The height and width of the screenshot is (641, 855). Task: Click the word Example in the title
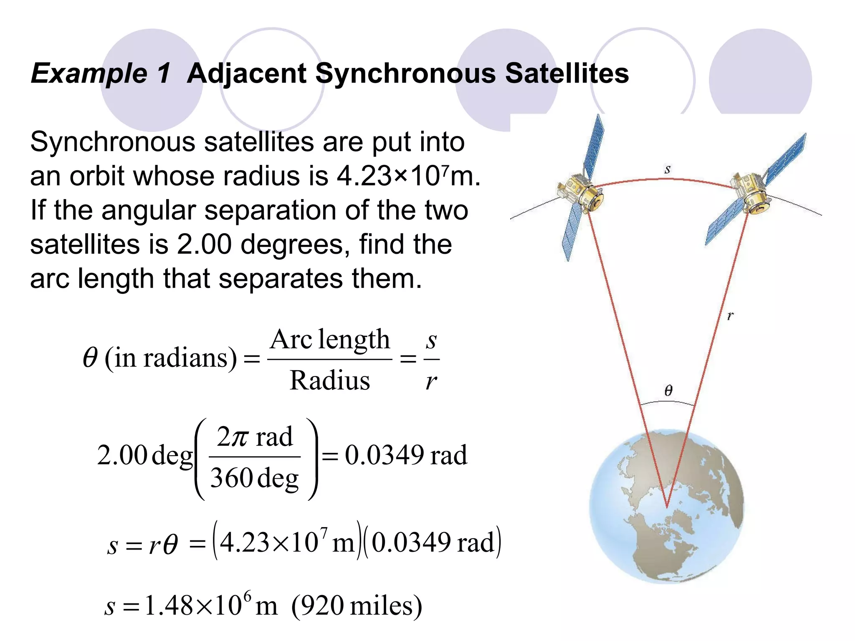point(89,73)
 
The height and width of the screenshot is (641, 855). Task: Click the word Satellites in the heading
point(567,73)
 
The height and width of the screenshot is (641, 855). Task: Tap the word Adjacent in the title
point(246,73)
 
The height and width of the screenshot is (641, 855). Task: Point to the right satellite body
point(751,194)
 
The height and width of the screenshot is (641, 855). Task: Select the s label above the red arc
point(667,169)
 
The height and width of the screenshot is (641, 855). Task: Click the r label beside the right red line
point(730,315)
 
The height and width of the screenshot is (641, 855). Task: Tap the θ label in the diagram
point(668,391)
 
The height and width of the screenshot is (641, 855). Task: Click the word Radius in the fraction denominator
point(330,381)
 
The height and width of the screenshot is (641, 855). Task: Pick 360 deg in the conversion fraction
point(254,478)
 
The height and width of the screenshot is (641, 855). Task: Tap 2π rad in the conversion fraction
point(254,437)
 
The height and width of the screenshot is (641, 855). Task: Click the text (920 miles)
point(357,606)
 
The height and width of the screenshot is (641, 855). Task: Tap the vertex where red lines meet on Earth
point(667,507)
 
